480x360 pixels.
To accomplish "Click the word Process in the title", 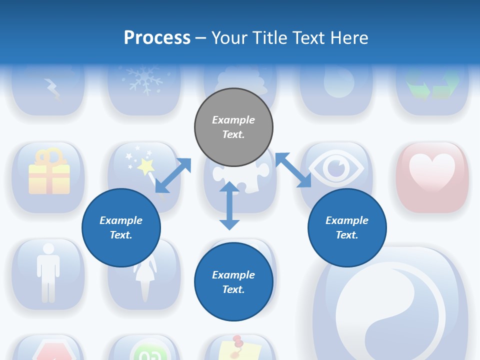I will click(x=157, y=38).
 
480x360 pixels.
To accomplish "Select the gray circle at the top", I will click(x=233, y=127).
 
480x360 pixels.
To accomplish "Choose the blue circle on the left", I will click(x=121, y=227).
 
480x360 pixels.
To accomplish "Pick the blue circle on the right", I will click(x=347, y=227).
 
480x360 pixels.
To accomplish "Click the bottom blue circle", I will click(x=233, y=282).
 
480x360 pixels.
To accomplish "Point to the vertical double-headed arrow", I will click(x=229, y=205).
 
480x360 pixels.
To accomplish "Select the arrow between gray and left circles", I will click(x=173, y=175).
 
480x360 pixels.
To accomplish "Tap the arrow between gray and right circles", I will click(x=293, y=170).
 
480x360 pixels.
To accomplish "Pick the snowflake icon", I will click(x=145, y=80).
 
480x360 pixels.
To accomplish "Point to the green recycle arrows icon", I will click(x=432, y=84).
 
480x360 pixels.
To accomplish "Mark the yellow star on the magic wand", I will click(x=146, y=165).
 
